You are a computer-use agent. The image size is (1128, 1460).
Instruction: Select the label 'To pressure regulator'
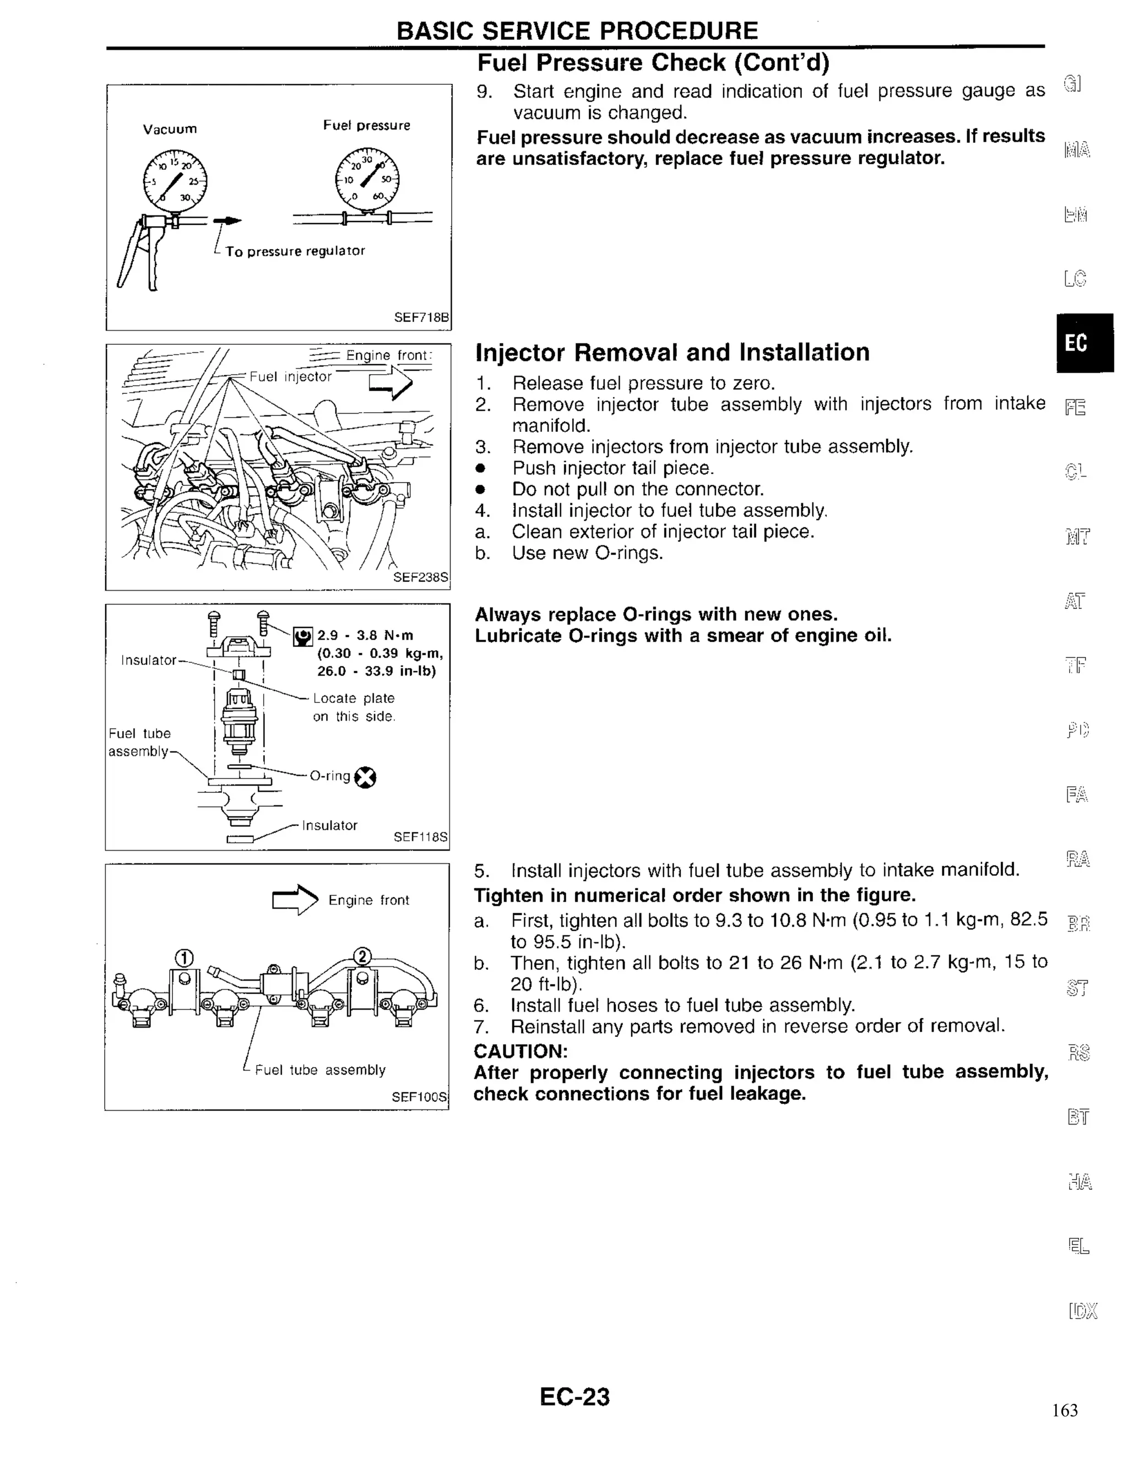295,251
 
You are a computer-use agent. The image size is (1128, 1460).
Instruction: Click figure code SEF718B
421,317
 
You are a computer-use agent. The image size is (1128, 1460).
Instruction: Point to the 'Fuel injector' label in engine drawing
290,377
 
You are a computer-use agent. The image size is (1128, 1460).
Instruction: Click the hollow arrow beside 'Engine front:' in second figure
391,383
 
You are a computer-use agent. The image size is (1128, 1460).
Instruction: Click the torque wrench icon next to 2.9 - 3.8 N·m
303,636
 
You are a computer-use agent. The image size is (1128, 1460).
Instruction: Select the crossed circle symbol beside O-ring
365,777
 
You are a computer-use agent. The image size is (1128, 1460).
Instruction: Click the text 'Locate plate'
354,698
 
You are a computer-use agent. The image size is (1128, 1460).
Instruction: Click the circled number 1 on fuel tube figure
184,958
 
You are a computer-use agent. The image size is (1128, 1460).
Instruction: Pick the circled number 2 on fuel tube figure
361,956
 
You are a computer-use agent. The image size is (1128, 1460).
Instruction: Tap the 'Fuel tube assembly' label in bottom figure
320,1069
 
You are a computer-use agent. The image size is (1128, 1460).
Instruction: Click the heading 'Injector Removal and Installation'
671,352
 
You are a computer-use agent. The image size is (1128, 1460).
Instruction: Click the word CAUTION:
520,1051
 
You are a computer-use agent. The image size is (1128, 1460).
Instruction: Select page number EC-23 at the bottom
574,1397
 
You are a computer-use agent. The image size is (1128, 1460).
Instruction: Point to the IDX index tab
1082,1311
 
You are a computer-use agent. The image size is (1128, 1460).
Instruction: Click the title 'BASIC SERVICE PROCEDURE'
577,31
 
